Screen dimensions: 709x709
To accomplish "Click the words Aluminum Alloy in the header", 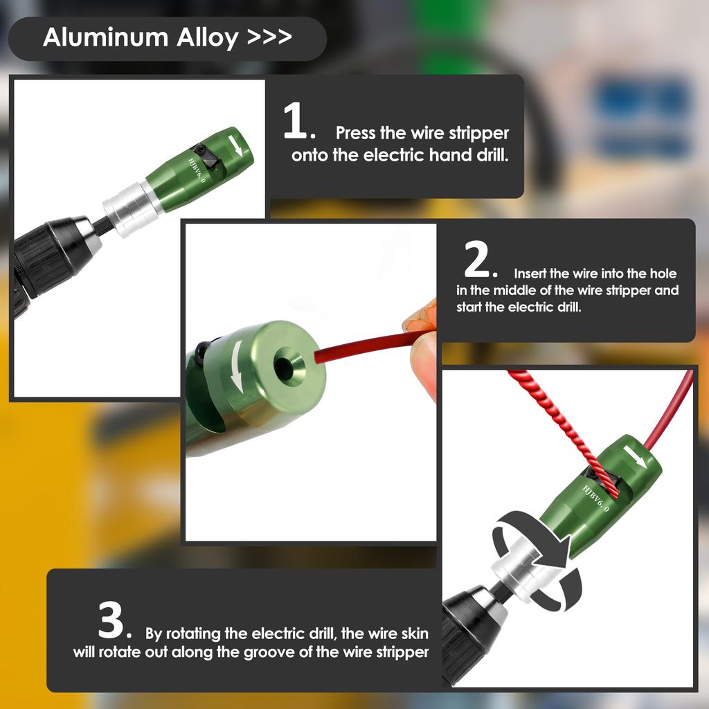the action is coord(140,37).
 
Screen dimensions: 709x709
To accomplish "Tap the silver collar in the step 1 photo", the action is coord(127,208).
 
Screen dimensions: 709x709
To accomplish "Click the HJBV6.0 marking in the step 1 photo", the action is coord(197,170).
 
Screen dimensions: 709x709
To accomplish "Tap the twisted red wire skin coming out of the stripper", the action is coord(561,429).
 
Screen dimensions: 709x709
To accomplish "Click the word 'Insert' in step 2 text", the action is coord(529,273).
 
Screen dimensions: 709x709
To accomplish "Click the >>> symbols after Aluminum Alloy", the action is coord(269,37).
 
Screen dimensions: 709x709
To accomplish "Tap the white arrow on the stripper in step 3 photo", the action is coord(635,457).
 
